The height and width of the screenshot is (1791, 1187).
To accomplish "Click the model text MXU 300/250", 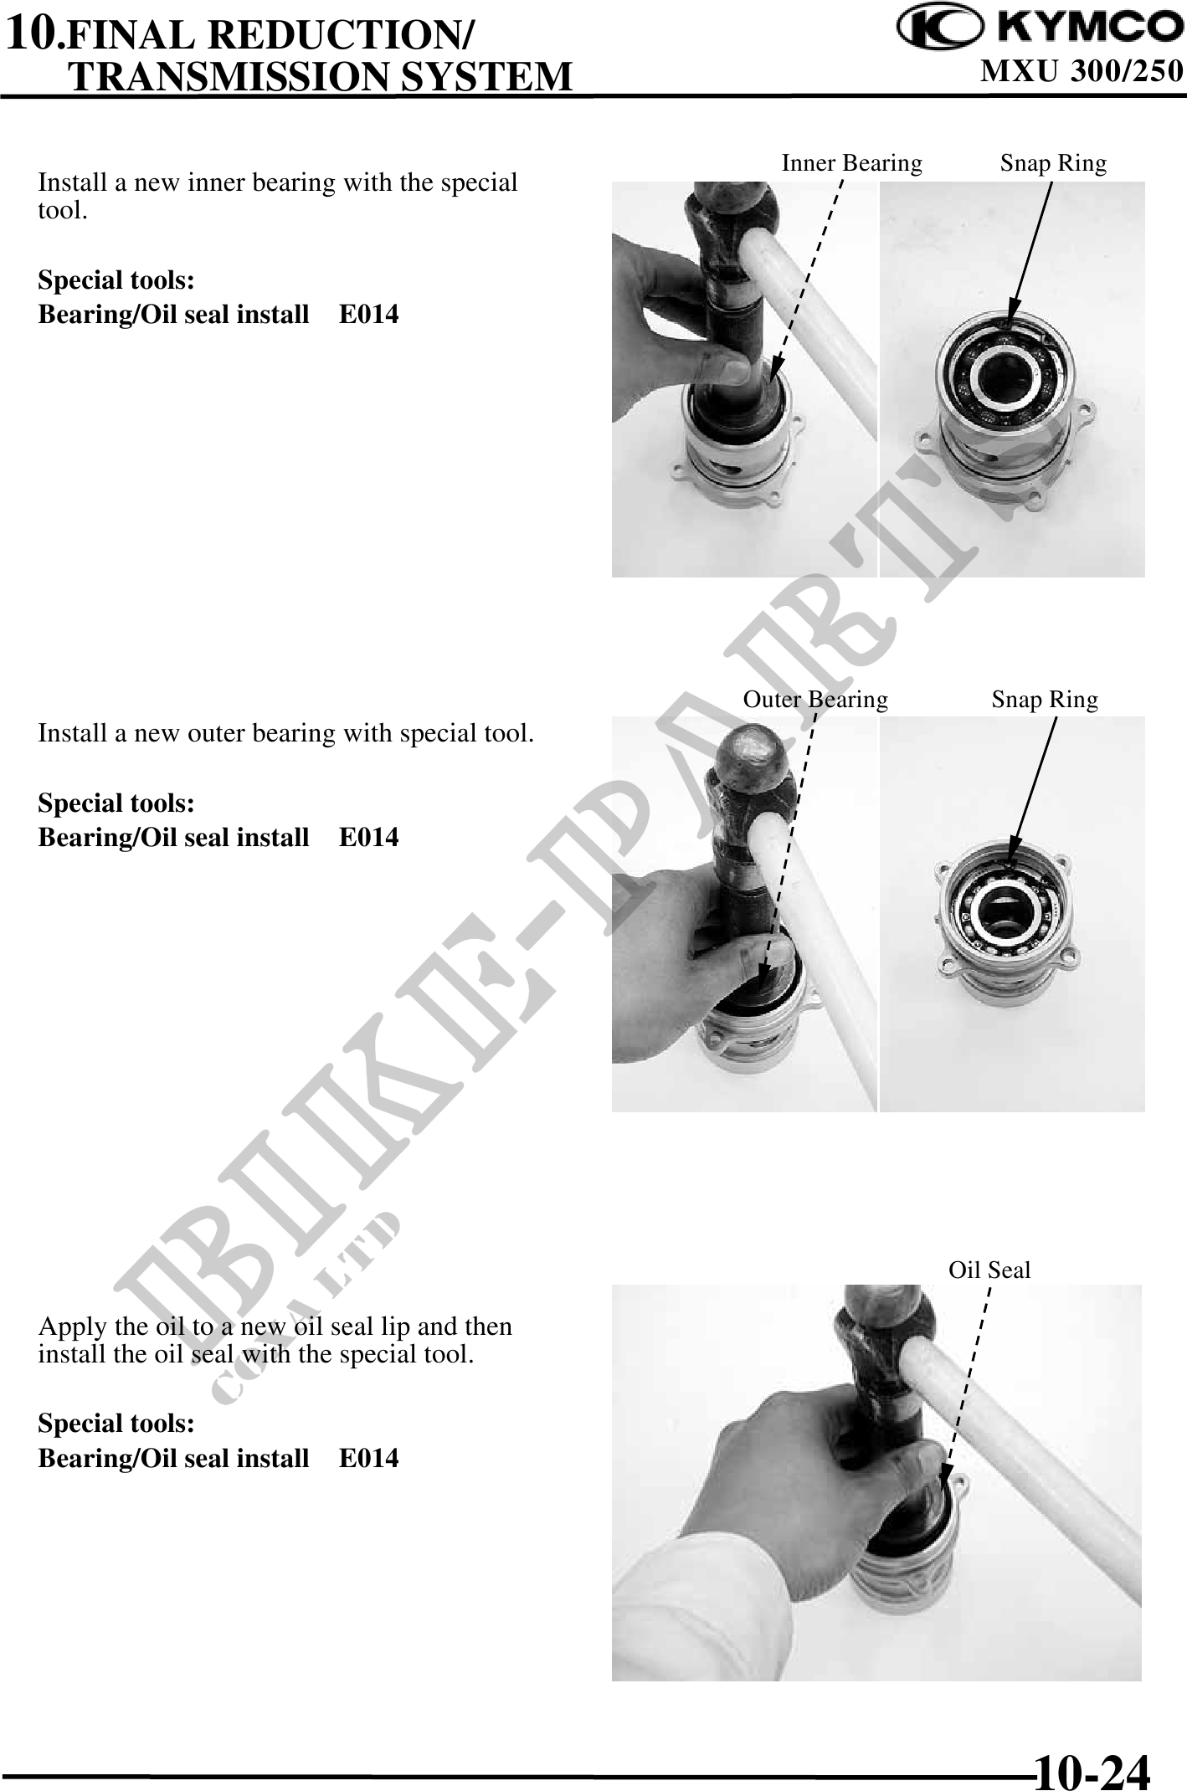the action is pyautogui.click(x=1082, y=71).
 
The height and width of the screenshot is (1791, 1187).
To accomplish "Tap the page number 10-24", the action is pyautogui.click(x=1093, y=1765).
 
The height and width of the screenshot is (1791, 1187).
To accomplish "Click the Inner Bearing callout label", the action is pyautogui.click(x=851, y=163).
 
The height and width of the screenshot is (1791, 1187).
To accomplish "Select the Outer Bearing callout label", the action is pyautogui.click(x=815, y=700).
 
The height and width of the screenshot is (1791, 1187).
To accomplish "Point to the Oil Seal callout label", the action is pyautogui.click(x=989, y=1270).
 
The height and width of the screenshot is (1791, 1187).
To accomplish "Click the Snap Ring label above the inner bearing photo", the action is pyautogui.click(x=1053, y=163).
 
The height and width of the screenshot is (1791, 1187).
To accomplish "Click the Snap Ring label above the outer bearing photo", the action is pyautogui.click(x=1045, y=700).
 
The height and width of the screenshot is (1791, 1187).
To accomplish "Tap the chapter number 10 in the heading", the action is pyautogui.click(x=32, y=33).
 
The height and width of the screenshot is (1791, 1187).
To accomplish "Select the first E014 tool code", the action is pyautogui.click(x=369, y=315).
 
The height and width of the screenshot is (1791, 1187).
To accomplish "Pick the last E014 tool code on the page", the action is pyautogui.click(x=369, y=1459).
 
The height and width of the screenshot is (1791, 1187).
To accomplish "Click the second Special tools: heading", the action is pyautogui.click(x=116, y=803).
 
